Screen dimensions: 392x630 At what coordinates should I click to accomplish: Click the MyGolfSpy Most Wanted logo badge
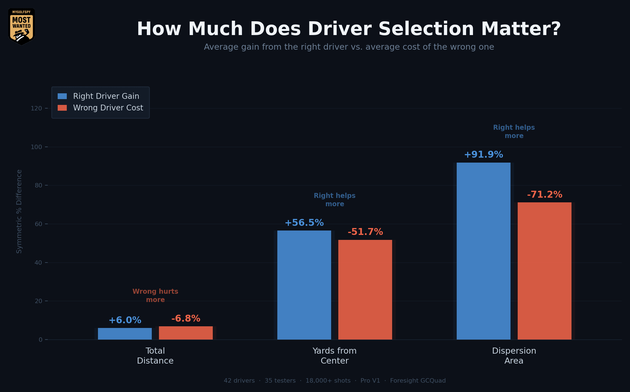click(x=22, y=27)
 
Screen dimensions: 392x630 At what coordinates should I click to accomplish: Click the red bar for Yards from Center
click(x=365, y=290)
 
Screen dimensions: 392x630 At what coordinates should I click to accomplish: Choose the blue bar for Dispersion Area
click(x=483, y=251)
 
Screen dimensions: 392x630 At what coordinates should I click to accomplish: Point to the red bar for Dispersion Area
click(x=544, y=271)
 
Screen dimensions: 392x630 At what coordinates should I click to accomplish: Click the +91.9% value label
click(x=483, y=155)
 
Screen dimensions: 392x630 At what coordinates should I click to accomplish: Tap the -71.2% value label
click(x=544, y=195)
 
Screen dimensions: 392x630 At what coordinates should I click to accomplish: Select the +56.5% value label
click(x=304, y=223)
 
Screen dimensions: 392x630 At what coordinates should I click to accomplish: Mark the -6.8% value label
click(x=186, y=319)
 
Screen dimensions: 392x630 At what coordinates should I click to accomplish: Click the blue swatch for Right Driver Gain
click(x=62, y=96)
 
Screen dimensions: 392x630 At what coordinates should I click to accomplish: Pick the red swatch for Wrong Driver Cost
click(x=62, y=108)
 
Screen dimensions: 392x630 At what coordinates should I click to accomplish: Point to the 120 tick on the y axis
click(x=36, y=108)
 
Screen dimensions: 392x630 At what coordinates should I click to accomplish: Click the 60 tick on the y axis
click(x=38, y=224)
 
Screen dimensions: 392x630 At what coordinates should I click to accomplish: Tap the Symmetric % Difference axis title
click(x=19, y=211)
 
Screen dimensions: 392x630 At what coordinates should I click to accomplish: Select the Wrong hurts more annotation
click(x=155, y=295)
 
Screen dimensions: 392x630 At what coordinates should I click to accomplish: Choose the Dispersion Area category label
click(x=514, y=356)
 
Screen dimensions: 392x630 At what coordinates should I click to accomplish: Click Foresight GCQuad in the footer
click(x=418, y=381)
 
